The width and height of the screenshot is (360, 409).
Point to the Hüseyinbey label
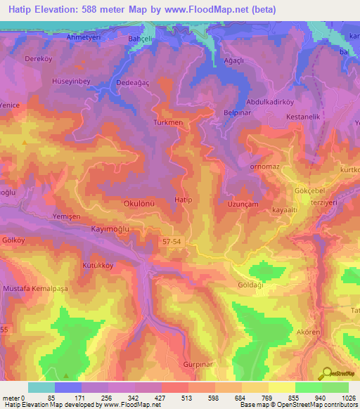point(72,82)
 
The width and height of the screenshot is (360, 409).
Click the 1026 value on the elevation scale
point(348,397)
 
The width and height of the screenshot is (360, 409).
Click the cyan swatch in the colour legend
point(41,387)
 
